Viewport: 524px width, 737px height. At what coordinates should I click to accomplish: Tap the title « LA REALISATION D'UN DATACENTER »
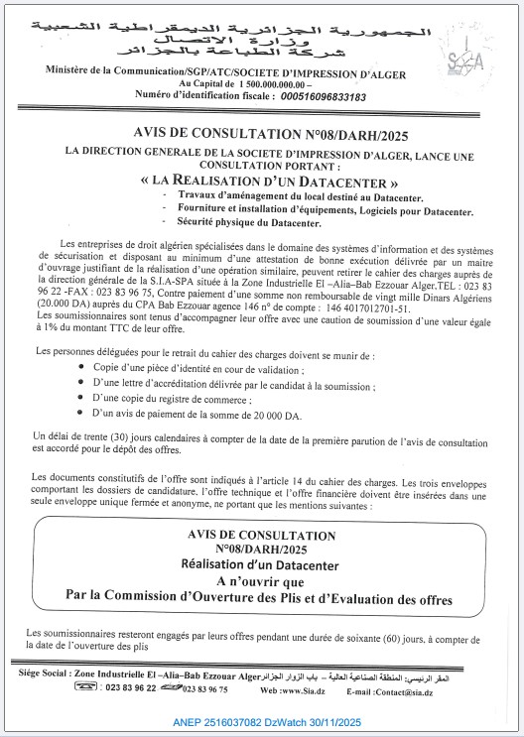(x=269, y=183)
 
